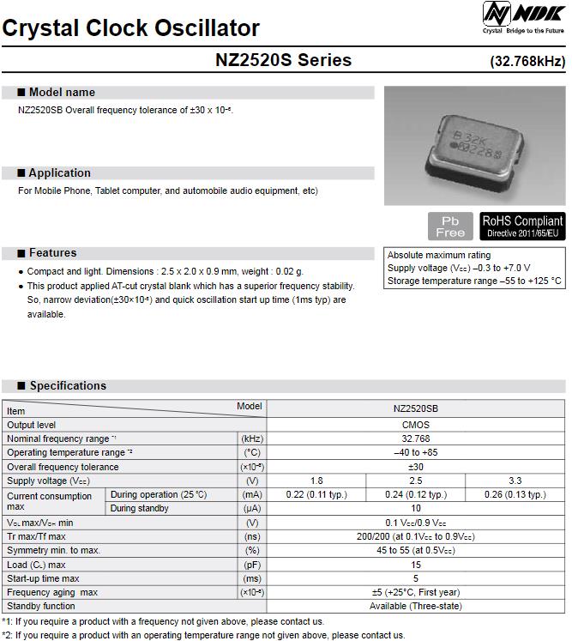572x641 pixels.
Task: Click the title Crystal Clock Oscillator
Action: [131, 28]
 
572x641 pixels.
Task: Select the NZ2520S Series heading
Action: [284, 60]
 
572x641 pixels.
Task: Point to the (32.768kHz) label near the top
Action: [527, 62]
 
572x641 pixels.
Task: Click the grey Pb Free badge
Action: [450, 227]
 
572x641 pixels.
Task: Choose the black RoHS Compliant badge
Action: [522, 227]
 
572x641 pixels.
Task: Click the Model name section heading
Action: [62, 93]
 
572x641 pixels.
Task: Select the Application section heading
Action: [59, 173]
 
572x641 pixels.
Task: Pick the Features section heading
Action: [52, 253]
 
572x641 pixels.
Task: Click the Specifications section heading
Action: [68, 386]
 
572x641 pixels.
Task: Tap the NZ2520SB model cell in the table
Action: [415, 410]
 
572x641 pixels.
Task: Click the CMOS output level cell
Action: [415, 425]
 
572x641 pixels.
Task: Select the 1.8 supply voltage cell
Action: [316, 481]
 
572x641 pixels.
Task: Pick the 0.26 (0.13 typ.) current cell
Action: [515, 494]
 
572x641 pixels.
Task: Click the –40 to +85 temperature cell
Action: [415, 452]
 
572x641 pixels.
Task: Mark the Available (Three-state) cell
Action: [415, 606]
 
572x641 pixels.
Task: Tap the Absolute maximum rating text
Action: [439, 256]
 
